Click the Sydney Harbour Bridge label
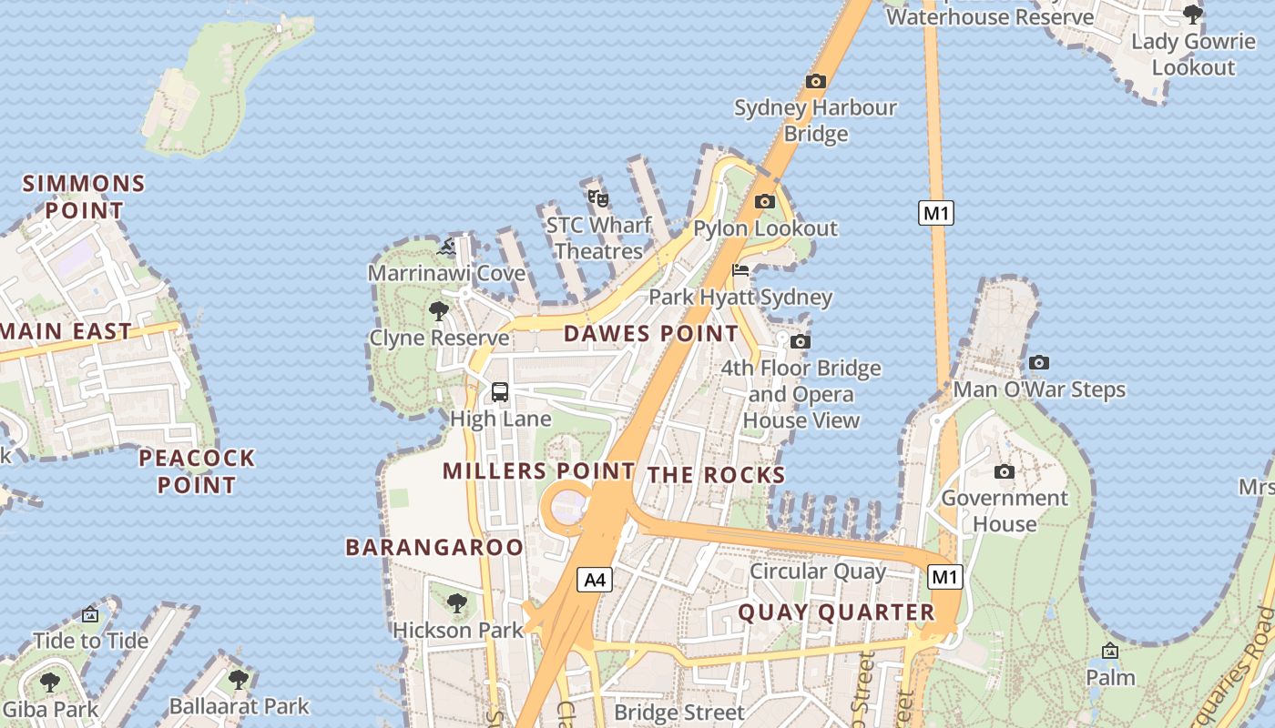click(815, 120)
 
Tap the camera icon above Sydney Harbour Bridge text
click(815, 81)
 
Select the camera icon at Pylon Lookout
click(765, 201)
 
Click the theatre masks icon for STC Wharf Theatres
click(597, 197)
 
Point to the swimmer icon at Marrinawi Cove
click(446, 247)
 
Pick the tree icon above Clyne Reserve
click(438, 311)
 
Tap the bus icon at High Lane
click(500, 392)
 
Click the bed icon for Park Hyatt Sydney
click(740, 270)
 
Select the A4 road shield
click(594, 580)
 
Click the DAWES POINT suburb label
click(651, 334)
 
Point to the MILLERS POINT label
click(538, 471)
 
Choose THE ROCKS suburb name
click(716, 475)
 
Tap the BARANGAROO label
click(434, 547)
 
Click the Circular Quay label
click(817, 571)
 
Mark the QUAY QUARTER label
click(836, 612)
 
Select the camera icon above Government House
click(1005, 471)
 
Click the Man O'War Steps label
click(1039, 390)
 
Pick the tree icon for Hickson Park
click(457, 602)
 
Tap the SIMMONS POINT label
click(84, 197)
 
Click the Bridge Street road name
click(678, 712)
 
